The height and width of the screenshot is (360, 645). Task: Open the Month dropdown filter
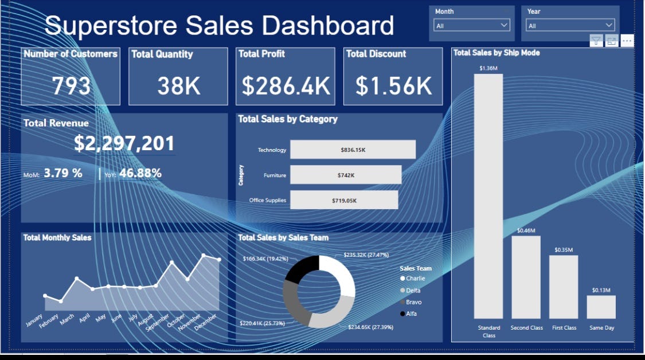coord(472,25)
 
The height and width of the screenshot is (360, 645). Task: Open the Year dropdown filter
coord(570,25)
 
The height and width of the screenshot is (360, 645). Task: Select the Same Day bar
coord(601,307)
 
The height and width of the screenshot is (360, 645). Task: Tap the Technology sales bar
coord(353,150)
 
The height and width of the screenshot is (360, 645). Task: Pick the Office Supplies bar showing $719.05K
coord(344,200)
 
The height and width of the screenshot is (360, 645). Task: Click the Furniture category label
coord(275,175)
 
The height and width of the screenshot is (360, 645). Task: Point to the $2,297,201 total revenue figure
coord(124,144)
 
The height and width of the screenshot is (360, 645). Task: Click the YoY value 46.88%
coord(140,173)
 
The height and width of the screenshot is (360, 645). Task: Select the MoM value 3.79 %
coord(63,173)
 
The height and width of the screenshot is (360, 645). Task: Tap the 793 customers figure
coord(71,86)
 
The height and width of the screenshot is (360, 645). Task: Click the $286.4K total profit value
coord(286,86)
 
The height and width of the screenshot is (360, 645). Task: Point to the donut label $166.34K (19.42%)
coord(265,259)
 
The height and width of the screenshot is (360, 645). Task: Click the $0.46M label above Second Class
coord(526,230)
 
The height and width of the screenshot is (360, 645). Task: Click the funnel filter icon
coord(596,41)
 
